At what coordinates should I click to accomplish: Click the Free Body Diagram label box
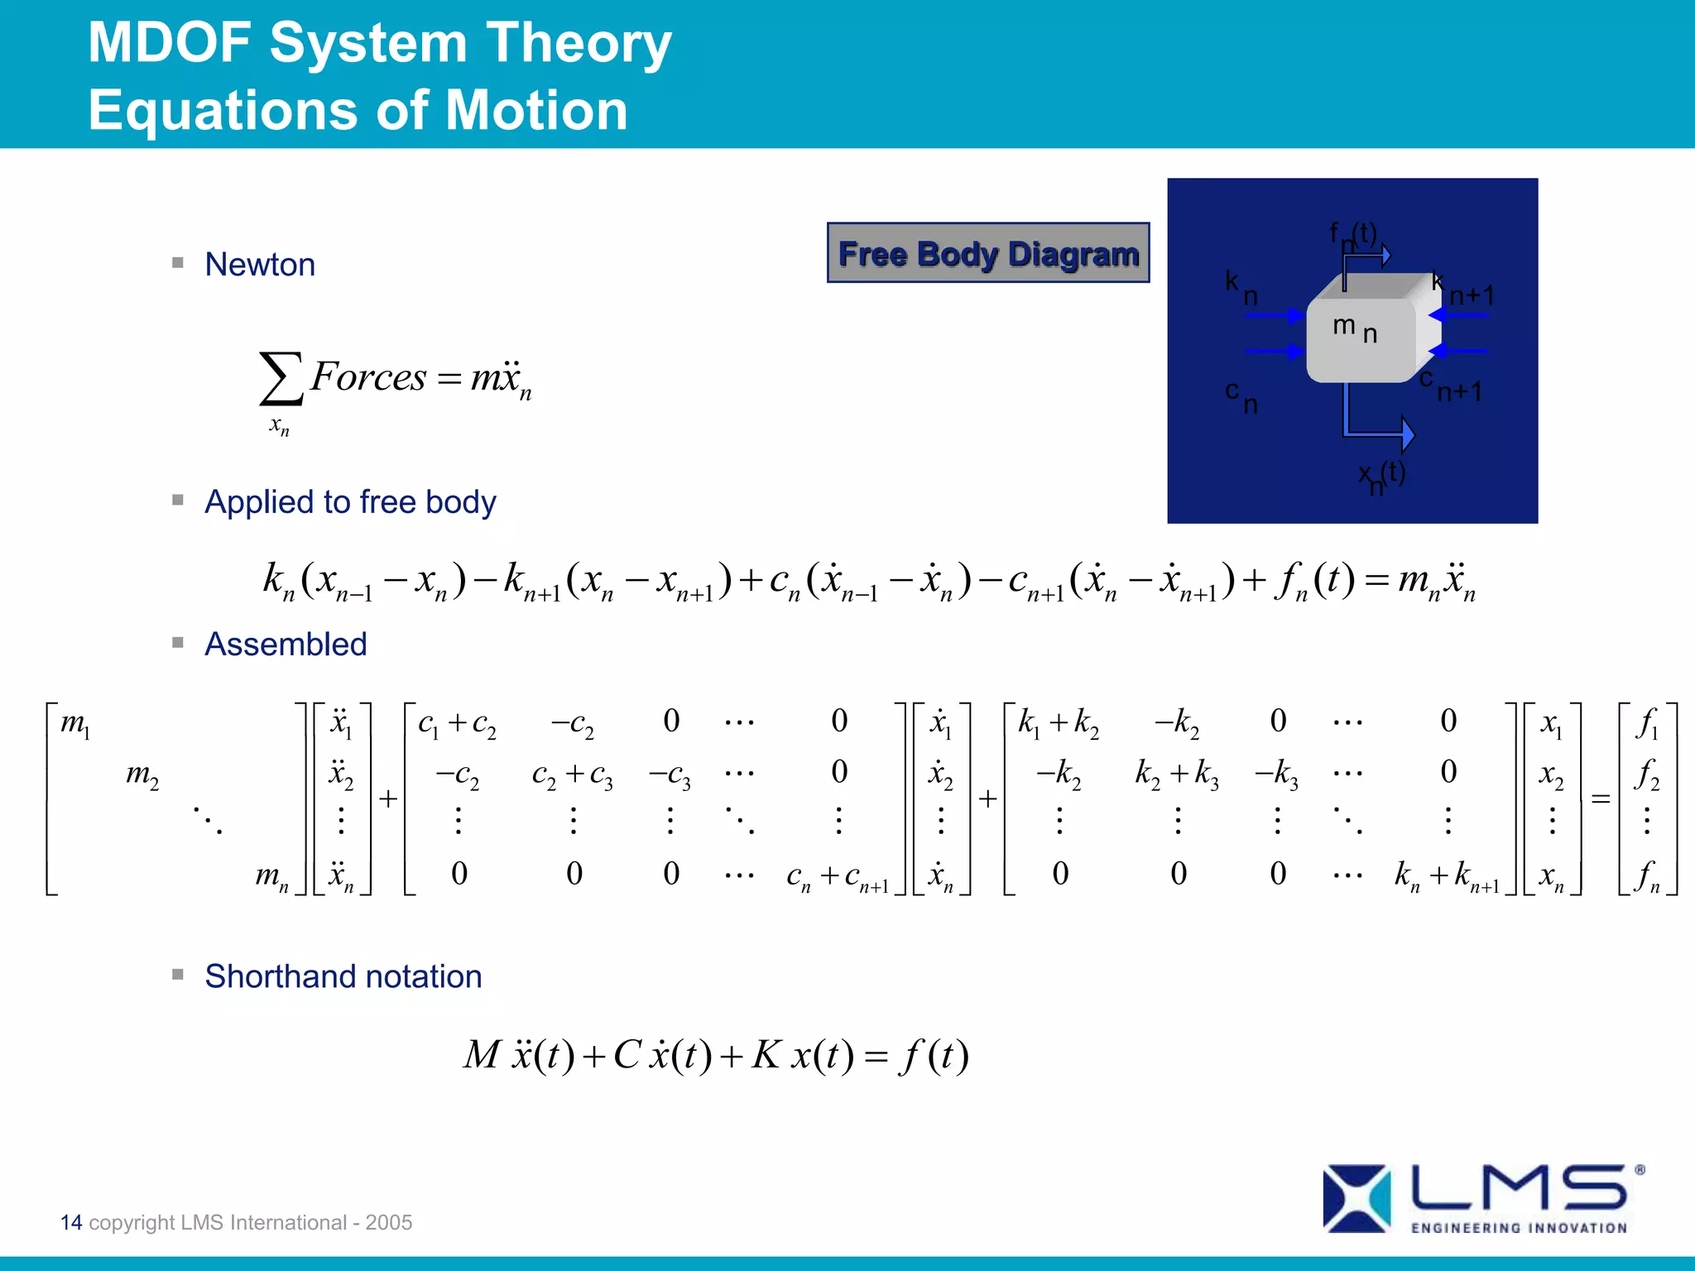pos(988,253)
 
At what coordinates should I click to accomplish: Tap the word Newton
pos(260,265)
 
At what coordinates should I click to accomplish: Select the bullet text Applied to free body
pos(350,502)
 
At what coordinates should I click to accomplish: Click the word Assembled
pos(286,645)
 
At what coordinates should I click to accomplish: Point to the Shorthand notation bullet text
pos(343,976)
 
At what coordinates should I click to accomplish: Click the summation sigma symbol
pos(280,379)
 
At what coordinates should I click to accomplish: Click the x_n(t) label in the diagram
pos(1381,476)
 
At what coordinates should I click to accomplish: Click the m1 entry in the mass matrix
pos(75,724)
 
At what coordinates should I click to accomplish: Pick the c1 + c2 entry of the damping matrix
pos(457,724)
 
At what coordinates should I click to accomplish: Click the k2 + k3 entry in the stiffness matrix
pos(1176,774)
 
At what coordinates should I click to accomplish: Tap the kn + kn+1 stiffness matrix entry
pos(1447,875)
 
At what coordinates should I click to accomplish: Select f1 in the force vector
pos(1648,724)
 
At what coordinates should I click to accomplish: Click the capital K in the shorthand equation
pos(766,1054)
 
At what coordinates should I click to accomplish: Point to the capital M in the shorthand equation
pos(482,1054)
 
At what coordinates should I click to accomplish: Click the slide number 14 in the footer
pos(71,1222)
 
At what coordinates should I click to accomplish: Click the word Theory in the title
pos(579,43)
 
